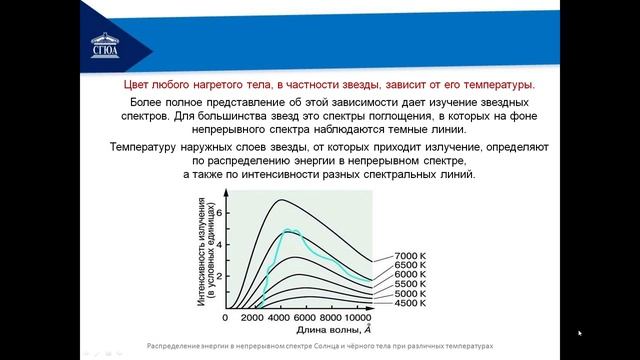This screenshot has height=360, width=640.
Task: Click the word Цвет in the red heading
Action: (x=138, y=85)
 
